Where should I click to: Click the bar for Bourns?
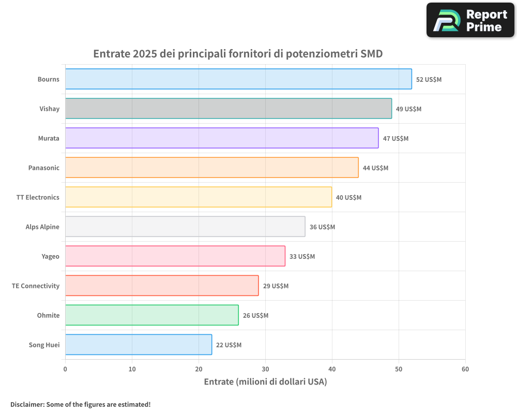click(x=238, y=79)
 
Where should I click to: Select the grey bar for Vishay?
click(x=228, y=109)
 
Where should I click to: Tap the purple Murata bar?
click(x=221, y=138)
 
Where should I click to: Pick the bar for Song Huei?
click(x=138, y=345)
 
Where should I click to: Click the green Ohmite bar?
click(x=151, y=315)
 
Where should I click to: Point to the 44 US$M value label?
click(x=375, y=168)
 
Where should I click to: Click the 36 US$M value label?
click(x=322, y=227)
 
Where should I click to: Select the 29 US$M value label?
click(x=276, y=286)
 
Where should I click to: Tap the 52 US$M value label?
click(x=429, y=80)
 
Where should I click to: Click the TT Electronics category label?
click(x=38, y=197)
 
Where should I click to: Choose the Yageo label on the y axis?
click(x=50, y=256)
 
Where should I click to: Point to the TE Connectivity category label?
click(x=36, y=286)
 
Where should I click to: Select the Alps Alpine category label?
click(x=42, y=227)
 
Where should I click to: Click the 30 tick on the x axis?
click(x=265, y=369)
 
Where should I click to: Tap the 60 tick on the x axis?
click(x=465, y=369)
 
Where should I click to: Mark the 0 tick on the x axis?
click(x=65, y=369)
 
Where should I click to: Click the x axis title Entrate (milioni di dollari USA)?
click(x=265, y=382)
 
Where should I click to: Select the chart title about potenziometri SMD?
click(x=238, y=54)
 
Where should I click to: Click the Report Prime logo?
click(x=470, y=20)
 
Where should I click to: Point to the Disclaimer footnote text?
click(x=80, y=404)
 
